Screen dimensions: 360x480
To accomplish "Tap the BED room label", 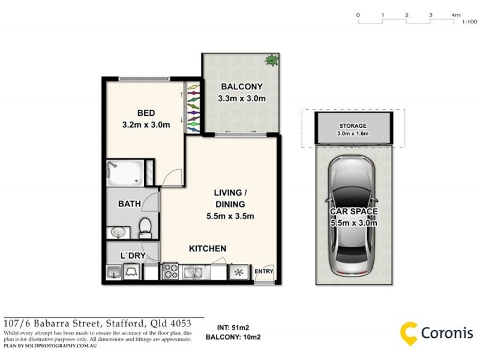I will (x=146, y=113).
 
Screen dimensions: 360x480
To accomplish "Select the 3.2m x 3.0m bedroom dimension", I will (x=146, y=125).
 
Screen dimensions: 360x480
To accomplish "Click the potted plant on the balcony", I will (x=272, y=60).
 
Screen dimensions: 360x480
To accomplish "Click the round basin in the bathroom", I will (x=117, y=231).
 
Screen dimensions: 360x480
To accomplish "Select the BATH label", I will (x=129, y=204).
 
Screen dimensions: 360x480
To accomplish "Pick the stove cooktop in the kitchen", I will (x=170, y=272).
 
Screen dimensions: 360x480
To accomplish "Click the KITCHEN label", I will (x=207, y=248).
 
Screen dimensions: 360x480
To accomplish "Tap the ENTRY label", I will (x=264, y=272).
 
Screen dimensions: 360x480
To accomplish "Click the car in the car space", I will (x=352, y=213).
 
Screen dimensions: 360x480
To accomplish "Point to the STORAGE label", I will (x=352, y=125).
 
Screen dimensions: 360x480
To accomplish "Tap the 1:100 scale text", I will (x=469, y=22).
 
